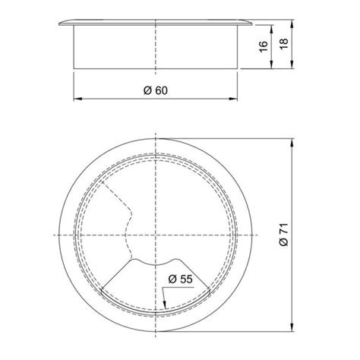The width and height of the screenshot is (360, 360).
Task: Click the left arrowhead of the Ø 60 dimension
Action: pos(75,99)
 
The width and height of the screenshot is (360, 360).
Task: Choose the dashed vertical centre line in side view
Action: pos(156,46)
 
